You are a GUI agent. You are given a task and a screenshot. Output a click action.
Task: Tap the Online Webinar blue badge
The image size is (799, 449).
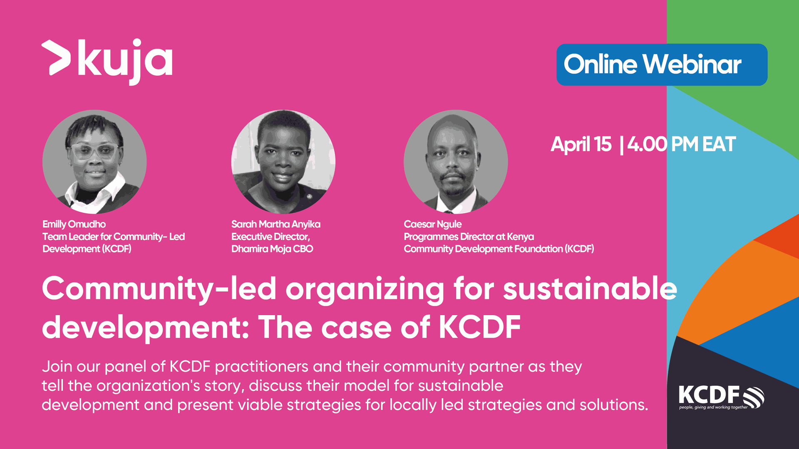[x=662, y=64]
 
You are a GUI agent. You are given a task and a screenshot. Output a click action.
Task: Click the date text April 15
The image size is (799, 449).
[x=581, y=145]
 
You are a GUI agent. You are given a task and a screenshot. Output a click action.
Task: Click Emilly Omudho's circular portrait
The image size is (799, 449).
[x=94, y=162]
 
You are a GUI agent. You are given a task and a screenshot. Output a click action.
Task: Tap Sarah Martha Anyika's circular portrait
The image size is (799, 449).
[x=283, y=162]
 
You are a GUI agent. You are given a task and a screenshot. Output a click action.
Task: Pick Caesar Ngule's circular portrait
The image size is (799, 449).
[x=456, y=162]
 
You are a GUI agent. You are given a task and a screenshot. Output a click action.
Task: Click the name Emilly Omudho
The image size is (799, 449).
[x=74, y=224]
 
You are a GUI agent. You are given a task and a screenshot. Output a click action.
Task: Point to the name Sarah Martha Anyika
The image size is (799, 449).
[x=276, y=224]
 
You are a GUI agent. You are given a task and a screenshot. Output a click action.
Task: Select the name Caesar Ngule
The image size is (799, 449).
[x=433, y=224]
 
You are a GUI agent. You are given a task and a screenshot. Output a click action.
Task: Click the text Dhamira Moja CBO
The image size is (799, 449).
[x=272, y=249]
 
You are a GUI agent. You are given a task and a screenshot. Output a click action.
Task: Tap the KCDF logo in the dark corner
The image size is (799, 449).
[x=721, y=397]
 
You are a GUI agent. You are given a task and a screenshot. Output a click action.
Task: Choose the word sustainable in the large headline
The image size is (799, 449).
[x=590, y=289]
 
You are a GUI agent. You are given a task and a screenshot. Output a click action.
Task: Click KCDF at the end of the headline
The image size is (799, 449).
[x=480, y=327]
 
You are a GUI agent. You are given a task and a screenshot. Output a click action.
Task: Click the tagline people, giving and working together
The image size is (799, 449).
[x=713, y=407]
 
